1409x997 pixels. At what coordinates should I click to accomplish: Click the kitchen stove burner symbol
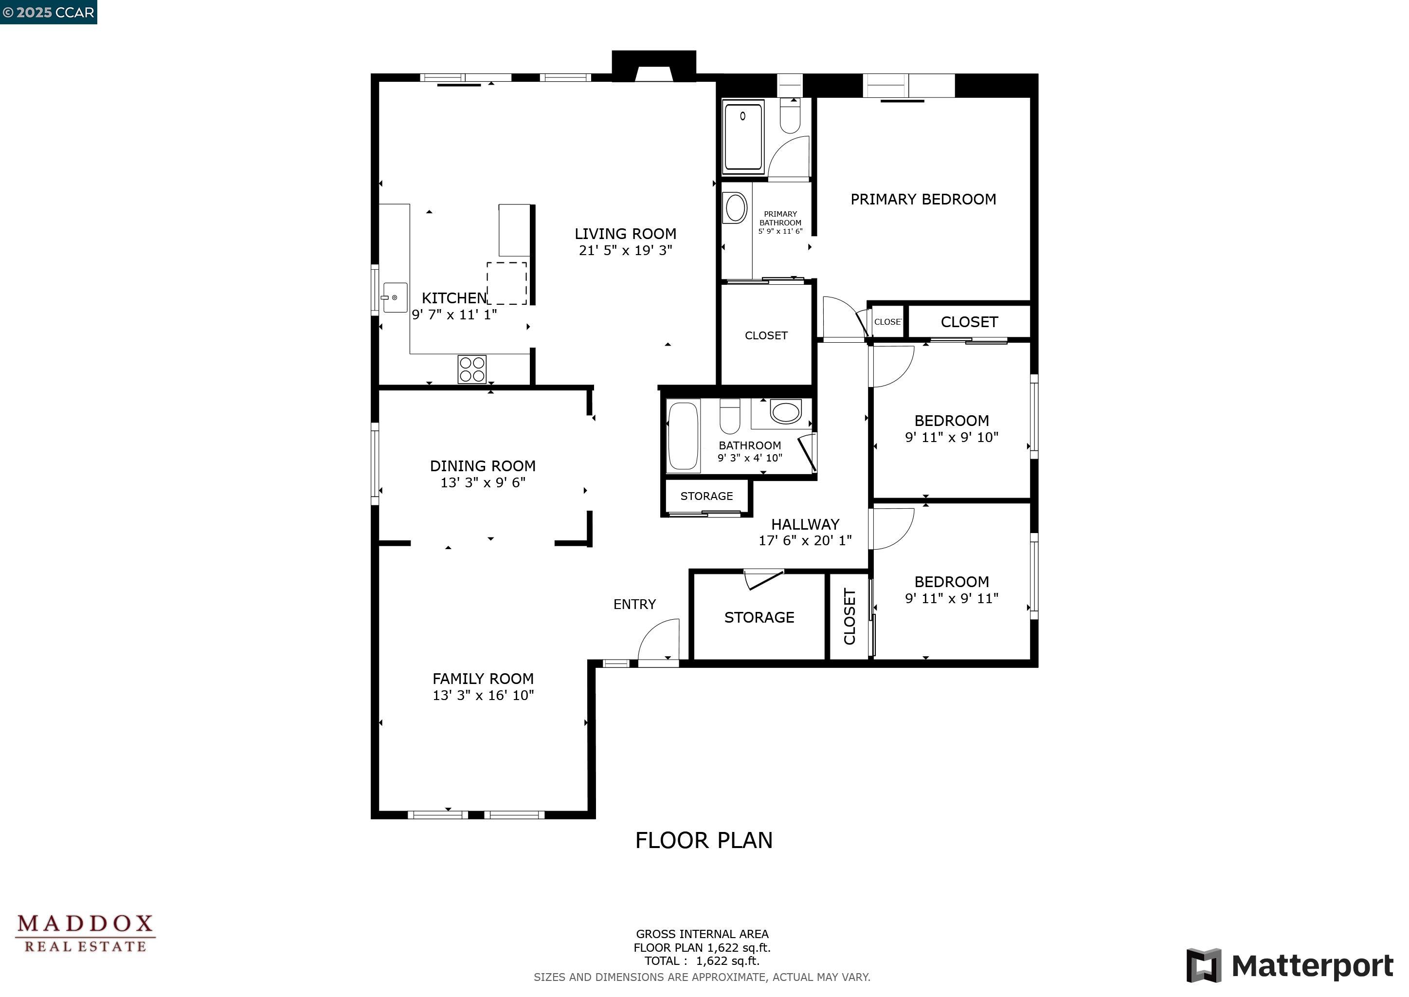point(472,369)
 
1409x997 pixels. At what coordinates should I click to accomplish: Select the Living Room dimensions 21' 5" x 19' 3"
point(625,251)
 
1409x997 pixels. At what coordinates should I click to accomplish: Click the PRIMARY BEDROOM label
point(923,200)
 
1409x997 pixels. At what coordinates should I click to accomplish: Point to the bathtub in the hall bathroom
point(683,435)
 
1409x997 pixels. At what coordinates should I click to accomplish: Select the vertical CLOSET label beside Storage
point(850,616)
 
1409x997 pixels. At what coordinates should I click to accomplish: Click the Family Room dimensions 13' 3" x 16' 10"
point(483,696)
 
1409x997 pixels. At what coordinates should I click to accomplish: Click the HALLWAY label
point(805,524)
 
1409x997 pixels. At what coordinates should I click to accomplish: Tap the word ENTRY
point(634,604)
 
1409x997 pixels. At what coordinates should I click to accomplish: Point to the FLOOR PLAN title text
point(704,840)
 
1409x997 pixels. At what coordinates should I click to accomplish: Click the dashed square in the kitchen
point(507,283)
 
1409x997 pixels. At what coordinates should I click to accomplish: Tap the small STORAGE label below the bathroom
point(706,496)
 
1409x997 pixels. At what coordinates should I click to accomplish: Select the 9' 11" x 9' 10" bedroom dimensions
point(951,438)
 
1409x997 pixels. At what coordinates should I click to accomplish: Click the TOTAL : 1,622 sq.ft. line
point(702,961)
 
